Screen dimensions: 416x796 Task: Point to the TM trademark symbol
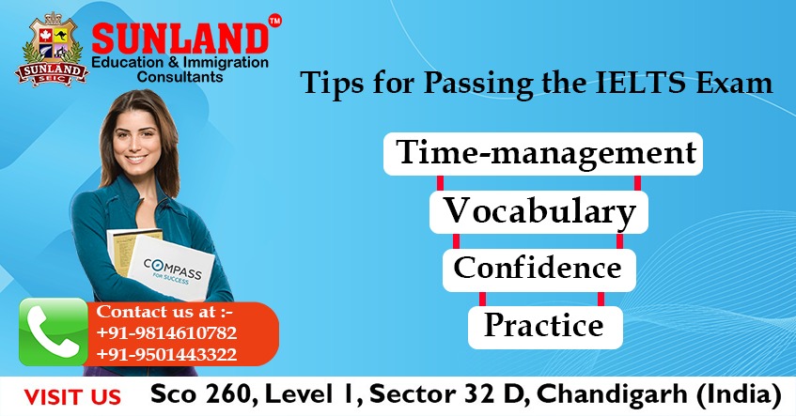coord(274,19)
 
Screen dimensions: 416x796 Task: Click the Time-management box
coord(542,153)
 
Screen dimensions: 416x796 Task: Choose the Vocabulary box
coord(538,211)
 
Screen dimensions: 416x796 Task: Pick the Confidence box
coord(538,268)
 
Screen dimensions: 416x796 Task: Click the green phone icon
coord(53,331)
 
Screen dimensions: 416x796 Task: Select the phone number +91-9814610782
coord(166,333)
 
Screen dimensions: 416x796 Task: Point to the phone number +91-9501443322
coord(166,354)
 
